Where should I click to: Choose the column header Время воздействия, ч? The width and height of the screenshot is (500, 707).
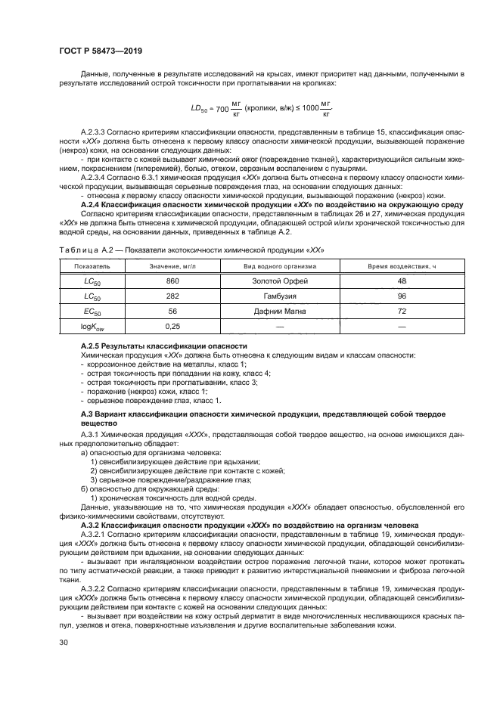(x=402, y=267)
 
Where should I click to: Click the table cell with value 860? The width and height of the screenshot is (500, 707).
(x=172, y=281)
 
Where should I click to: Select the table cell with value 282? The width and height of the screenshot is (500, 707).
(x=172, y=296)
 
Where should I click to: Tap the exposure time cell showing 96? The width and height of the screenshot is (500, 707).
(x=402, y=296)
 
